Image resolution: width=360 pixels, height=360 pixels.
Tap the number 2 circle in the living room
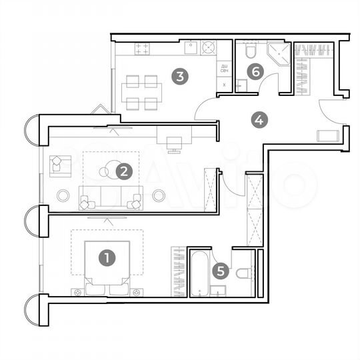point(123,171)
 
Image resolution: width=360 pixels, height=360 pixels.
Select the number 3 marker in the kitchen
point(179,76)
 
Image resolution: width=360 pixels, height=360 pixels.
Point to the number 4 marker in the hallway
point(259,121)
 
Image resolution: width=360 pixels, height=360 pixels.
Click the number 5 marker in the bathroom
point(221,271)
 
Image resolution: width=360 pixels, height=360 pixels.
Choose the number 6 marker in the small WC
point(255,70)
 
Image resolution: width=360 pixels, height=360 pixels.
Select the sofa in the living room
point(111,197)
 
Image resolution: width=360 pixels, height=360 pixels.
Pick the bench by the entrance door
point(327,136)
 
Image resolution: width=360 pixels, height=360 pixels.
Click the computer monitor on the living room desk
point(173,142)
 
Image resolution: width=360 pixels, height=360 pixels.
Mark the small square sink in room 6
point(243,85)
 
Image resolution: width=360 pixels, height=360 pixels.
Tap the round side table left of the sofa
point(63,195)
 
